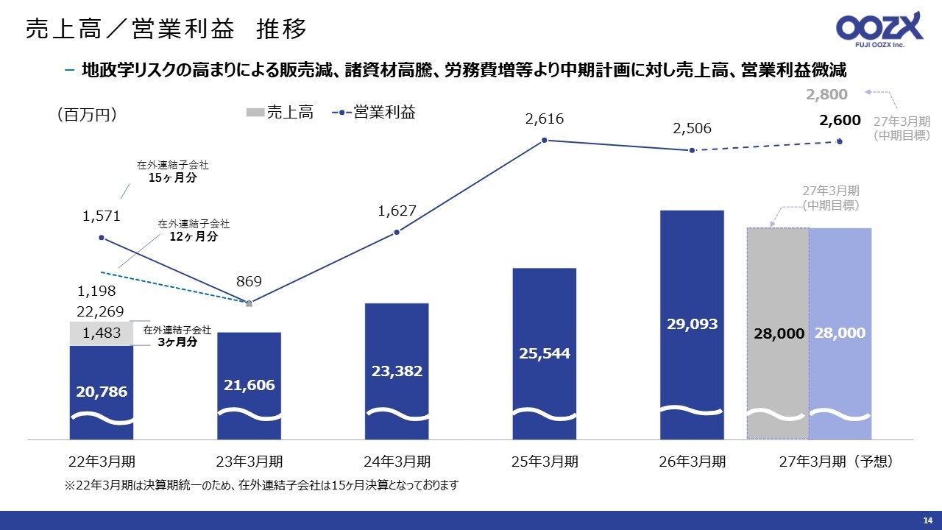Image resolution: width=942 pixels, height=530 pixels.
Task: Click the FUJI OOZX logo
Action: click(x=879, y=29)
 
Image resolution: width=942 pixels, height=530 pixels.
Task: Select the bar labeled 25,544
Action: click(x=544, y=354)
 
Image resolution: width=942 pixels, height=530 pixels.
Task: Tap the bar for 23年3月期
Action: click(x=249, y=386)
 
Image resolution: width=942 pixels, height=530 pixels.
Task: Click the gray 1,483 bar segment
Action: click(x=102, y=333)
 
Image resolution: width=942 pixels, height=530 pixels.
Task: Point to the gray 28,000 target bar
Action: click(x=778, y=333)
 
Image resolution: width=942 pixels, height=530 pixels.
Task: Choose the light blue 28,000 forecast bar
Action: click(x=840, y=333)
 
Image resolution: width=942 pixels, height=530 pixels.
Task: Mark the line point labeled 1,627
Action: click(x=397, y=232)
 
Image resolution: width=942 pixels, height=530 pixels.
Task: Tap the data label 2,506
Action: click(x=692, y=128)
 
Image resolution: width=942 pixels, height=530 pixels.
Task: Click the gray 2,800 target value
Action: click(x=826, y=94)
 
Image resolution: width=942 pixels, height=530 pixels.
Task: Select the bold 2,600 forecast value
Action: click(x=840, y=120)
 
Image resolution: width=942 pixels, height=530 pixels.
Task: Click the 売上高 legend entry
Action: click(x=280, y=113)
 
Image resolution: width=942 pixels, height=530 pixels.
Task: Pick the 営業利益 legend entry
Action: click(x=373, y=113)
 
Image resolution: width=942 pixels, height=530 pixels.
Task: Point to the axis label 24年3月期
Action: click(x=397, y=462)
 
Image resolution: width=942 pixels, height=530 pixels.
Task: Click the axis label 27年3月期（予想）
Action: click(x=837, y=462)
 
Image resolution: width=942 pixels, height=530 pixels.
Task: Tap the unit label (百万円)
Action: click(x=87, y=114)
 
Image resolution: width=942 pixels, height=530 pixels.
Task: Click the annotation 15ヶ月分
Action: click(x=172, y=177)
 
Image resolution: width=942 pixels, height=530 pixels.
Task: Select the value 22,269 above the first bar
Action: click(x=100, y=311)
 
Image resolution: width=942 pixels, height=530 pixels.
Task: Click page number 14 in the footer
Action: click(x=928, y=520)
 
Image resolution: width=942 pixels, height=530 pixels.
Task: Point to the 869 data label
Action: click(x=249, y=281)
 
